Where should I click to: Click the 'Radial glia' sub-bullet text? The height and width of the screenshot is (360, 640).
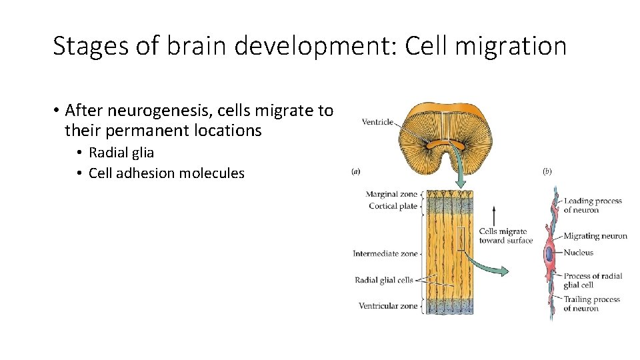[121, 153]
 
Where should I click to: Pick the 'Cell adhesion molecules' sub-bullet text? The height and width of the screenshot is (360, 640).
[166, 173]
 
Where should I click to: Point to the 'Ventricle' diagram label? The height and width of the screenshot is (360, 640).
[377, 122]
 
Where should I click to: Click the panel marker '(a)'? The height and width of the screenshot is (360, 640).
[356, 171]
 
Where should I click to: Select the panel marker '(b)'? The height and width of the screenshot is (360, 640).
[547, 171]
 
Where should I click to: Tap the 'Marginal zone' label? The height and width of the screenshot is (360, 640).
[391, 195]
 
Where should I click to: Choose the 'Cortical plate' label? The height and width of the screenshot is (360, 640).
[393, 206]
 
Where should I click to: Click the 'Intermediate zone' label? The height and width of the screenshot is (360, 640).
[385, 253]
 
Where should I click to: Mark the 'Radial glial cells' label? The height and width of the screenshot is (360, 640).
[384, 281]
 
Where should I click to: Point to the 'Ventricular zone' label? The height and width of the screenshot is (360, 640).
[388, 306]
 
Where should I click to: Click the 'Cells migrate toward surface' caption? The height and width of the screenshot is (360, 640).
[506, 236]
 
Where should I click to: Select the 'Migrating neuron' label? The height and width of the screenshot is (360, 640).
[595, 236]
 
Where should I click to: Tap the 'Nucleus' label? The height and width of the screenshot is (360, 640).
[578, 253]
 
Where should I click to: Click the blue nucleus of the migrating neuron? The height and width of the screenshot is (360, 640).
[549, 254]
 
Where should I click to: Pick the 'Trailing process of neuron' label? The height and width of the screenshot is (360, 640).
[591, 304]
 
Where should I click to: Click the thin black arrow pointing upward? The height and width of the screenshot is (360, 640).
[493, 217]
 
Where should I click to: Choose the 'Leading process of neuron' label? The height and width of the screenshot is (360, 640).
[592, 205]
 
